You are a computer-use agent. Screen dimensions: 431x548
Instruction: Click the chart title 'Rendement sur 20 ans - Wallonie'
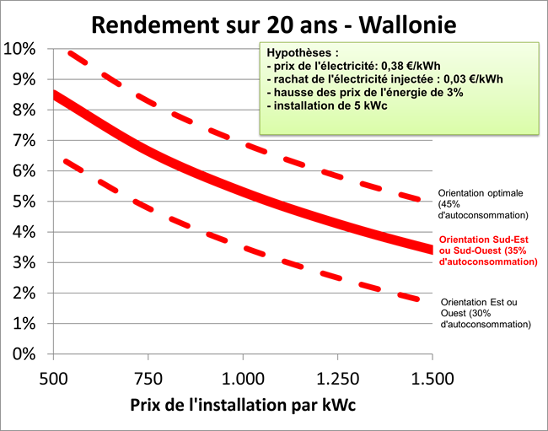274,24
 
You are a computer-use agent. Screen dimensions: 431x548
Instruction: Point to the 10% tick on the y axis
19,49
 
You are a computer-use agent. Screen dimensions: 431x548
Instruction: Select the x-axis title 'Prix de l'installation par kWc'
243,404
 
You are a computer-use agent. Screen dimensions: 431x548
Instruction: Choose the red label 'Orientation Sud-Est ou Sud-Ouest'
487,251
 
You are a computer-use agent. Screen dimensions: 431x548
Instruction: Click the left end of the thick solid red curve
55,95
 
